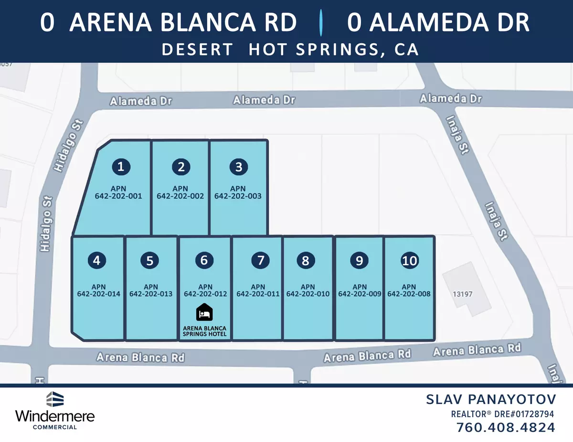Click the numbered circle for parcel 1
click(x=121, y=166)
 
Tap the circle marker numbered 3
click(x=239, y=167)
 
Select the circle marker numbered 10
click(x=410, y=261)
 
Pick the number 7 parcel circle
click(x=260, y=261)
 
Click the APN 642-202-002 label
click(x=180, y=192)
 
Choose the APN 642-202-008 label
click(x=409, y=290)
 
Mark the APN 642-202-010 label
click(x=308, y=290)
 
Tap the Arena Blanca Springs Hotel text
click(x=205, y=331)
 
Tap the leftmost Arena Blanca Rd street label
click(x=140, y=357)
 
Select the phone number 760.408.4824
click(x=506, y=427)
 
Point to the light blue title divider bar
click(x=322, y=23)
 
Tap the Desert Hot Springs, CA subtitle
click(x=291, y=50)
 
